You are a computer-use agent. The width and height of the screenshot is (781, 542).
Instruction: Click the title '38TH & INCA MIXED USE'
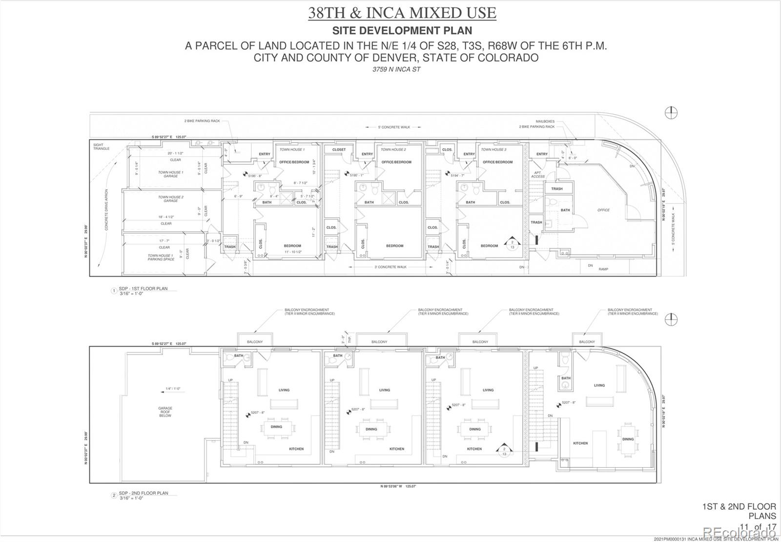pos(402,13)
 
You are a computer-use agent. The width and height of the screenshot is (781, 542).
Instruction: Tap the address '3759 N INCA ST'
pos(396,69)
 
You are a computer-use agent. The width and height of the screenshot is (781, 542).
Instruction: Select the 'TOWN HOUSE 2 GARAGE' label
pos(170,199)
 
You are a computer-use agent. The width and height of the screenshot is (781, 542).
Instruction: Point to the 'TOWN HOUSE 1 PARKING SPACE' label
pos(161,257)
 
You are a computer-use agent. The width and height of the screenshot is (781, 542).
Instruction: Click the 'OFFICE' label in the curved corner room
pos(603,210)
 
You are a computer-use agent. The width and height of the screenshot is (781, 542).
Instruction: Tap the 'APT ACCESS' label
pos(537,175)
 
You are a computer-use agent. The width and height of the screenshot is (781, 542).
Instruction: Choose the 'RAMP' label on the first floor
pos(603,269)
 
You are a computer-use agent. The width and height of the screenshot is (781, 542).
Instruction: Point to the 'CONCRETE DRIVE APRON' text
pos(106,210)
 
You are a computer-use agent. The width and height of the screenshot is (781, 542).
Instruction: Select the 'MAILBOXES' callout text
pos(545,121)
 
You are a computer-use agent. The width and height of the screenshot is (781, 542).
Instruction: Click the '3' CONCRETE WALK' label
pos(390,267)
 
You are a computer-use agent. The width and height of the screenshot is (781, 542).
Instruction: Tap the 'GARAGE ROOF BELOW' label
pos(165,412)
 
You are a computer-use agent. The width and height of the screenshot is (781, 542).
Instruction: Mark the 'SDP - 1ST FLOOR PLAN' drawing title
pos(143,289)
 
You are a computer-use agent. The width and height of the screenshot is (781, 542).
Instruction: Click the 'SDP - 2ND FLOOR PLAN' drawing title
pos(144,493)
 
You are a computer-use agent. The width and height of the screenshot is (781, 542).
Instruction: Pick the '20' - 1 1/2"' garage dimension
pos(175,153)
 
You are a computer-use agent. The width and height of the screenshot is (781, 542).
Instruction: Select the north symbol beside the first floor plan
pos(671,113)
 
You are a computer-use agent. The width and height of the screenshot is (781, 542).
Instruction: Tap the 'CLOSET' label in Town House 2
pos(339,150)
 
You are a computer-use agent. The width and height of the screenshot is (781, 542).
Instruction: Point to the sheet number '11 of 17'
pos(758,526)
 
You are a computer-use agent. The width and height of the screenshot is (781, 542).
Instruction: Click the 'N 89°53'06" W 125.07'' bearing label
pos(398,486)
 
